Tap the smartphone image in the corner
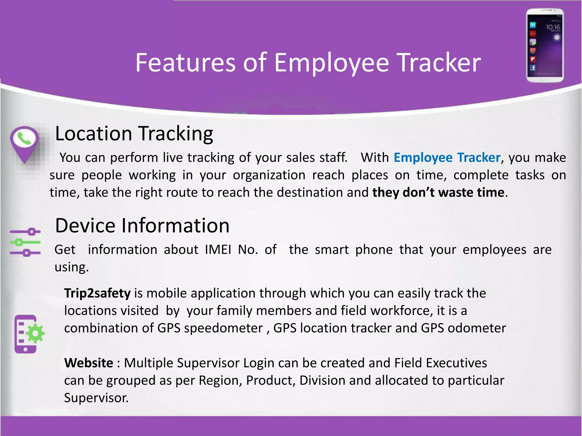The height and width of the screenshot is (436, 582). pos(545,45)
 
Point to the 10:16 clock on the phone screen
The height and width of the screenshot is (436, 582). pos(553,27)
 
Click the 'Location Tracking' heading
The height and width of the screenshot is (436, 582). pos(134,133)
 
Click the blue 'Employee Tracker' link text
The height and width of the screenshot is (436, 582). pos(447,158)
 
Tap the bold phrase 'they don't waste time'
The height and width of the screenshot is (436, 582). pos(438,192)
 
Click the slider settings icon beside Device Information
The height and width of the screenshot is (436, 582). pos(25,242)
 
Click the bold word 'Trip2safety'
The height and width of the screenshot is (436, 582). pos(97,293)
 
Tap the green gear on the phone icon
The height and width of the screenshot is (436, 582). pos(36,333)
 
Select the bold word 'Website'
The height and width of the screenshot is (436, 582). pos(89,363)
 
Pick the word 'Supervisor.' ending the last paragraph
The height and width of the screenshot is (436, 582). pos(96,398)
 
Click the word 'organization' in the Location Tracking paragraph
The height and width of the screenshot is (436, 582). pos(269,175)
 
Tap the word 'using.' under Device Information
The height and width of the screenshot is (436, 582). pos(72,267)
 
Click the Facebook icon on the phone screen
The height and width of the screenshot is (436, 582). pos(533,68)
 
